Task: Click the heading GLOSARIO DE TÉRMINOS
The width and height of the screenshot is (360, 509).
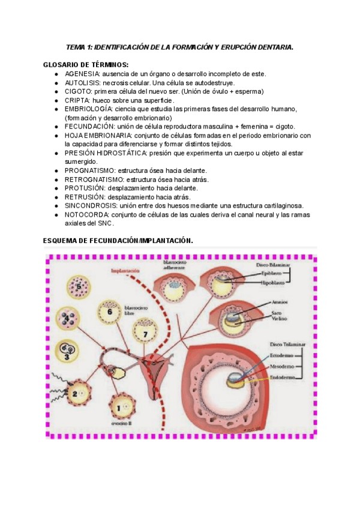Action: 86,64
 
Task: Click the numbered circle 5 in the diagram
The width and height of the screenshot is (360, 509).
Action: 78,287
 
